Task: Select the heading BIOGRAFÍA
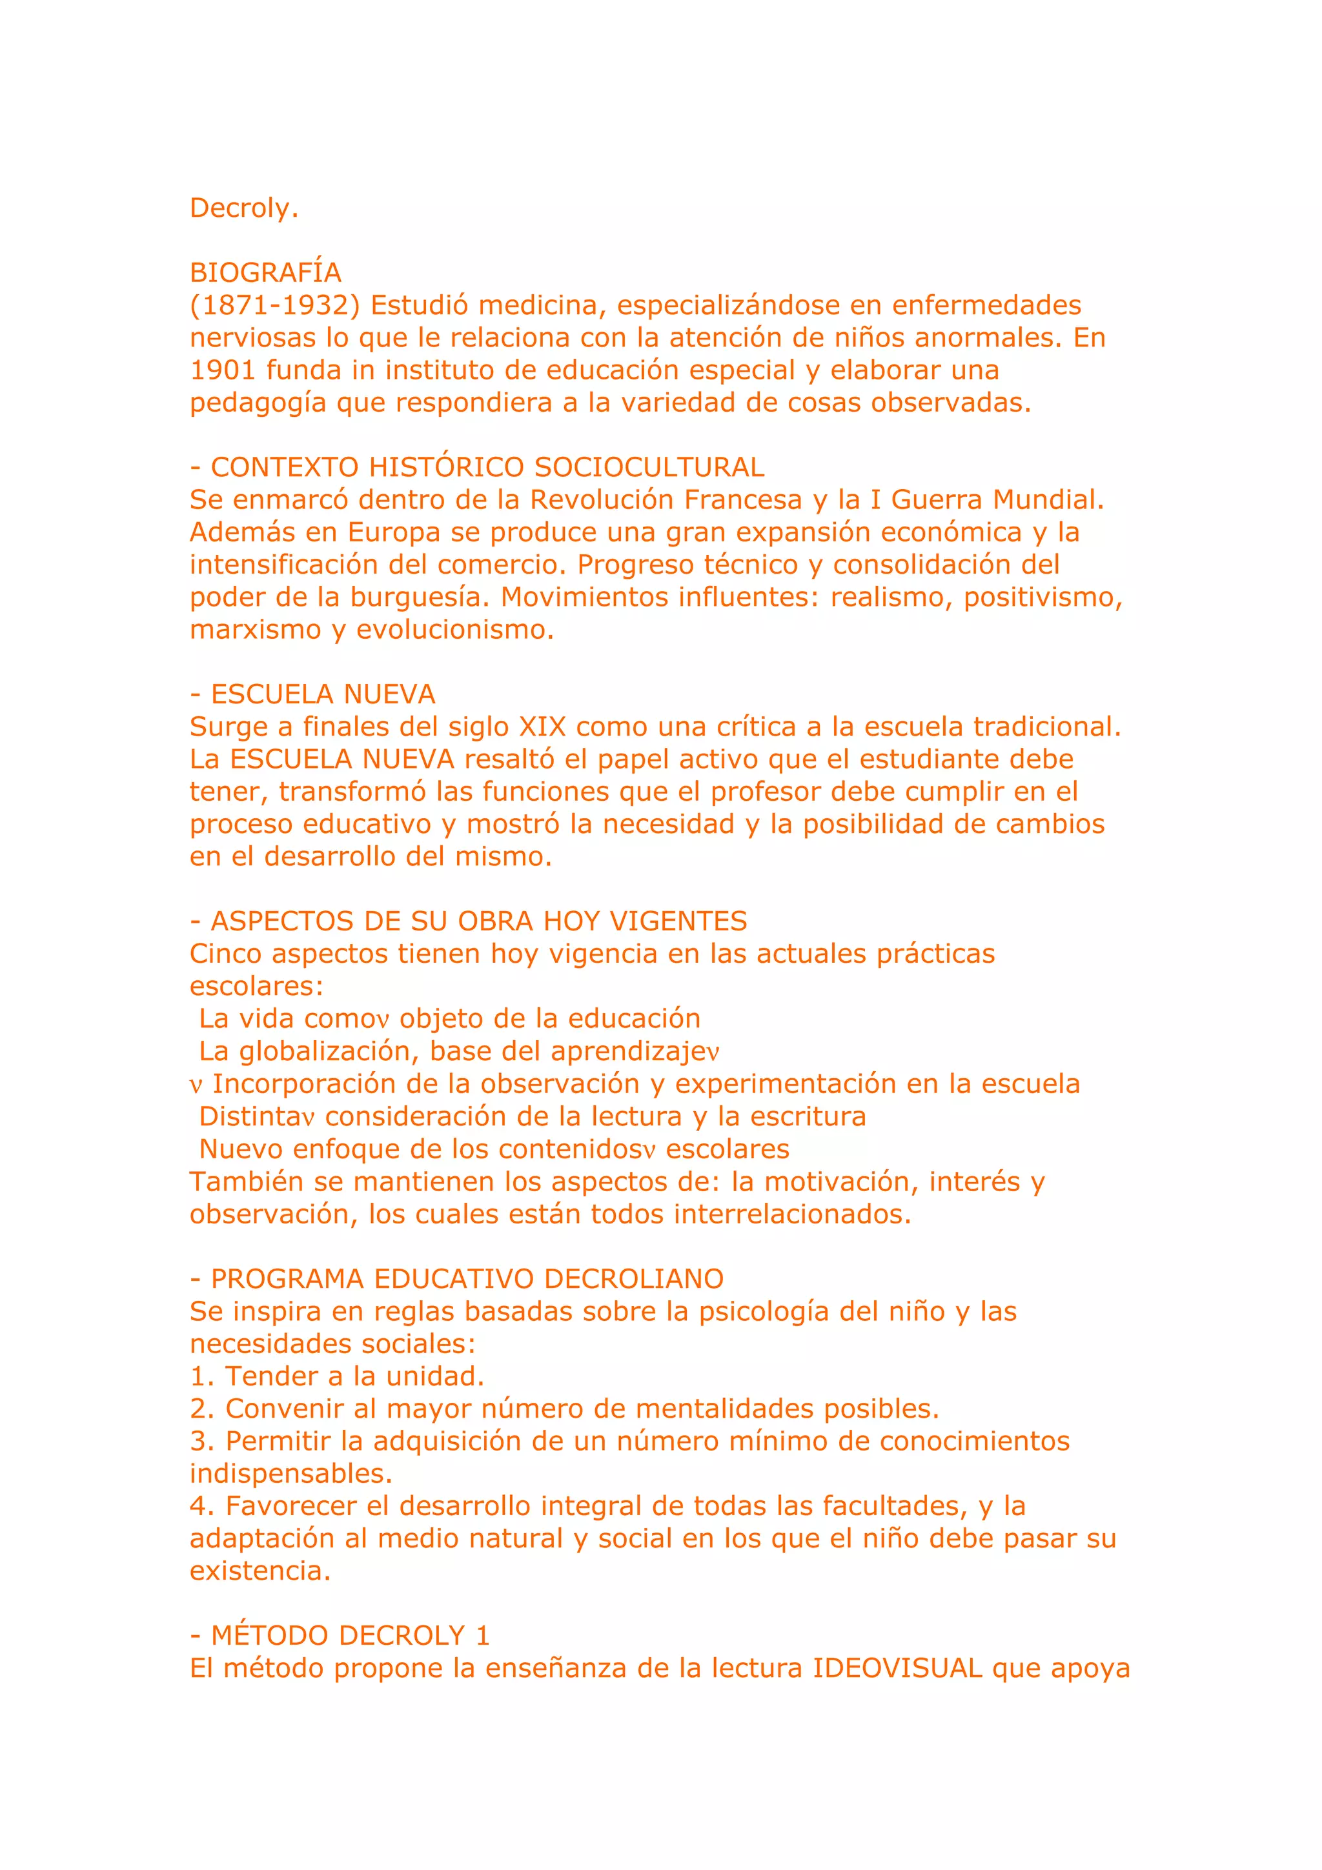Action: click(265, 273)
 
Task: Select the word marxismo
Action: click(256, 630)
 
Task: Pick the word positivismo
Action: click(1042, 597)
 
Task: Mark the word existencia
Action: click(260, 1571)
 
